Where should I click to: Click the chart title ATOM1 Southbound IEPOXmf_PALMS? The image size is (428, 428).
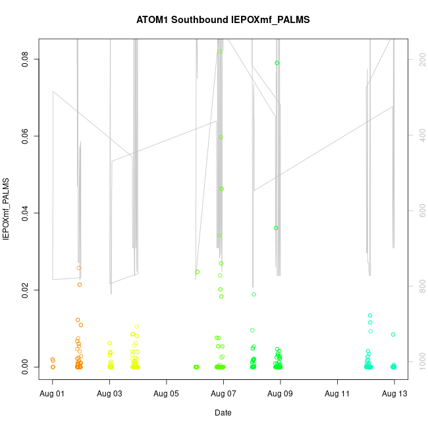[x=223, y=20]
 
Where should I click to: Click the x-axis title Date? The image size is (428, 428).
[x=223, y=413]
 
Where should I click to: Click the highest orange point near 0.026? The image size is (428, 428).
[x=78, y=268]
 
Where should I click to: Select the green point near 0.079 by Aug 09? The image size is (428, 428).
[x=277, y=63]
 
